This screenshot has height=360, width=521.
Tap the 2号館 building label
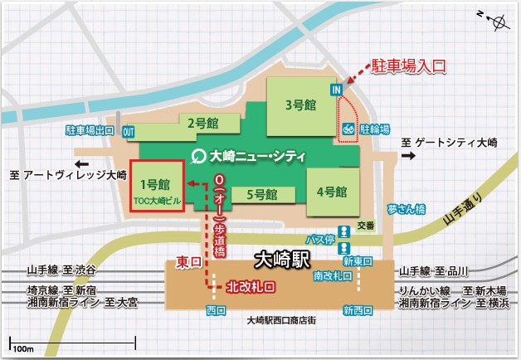[x=202, y=124]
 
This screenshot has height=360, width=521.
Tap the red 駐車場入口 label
[x=408, y=64]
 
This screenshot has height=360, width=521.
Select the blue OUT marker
[x=129, y=131]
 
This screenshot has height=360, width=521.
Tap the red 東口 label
[x=190, y=262]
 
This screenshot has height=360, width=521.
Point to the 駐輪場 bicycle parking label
[x=375, y=130]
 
